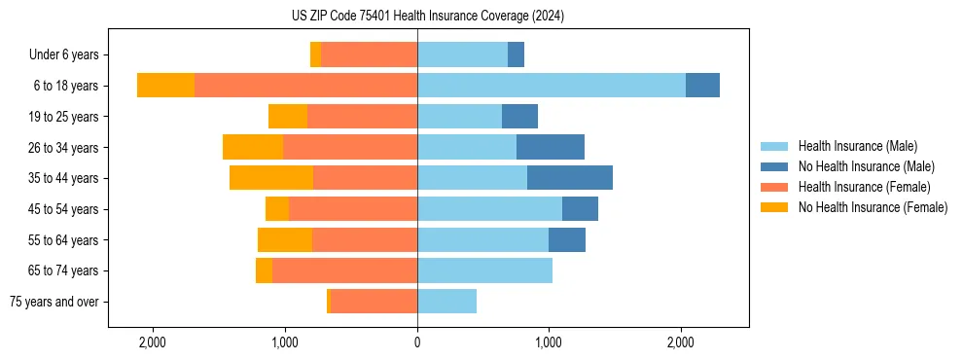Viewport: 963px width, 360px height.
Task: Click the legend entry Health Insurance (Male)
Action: (x=857, y=146)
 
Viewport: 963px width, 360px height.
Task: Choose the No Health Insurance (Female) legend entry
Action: (x=873, y=207)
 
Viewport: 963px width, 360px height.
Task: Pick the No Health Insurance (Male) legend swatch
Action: (x=775, y=166)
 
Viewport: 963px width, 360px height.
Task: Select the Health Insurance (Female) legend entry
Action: (x=864, y=187)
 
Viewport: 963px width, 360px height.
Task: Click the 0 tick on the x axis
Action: (x=417, y=342)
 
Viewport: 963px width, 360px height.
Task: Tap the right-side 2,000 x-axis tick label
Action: (x=681, y=342)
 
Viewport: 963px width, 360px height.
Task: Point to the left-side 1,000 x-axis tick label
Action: (x=285, y=342)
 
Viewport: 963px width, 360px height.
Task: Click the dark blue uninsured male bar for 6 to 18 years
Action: (x=702, y=86)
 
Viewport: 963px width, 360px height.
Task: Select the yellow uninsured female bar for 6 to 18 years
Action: (x=165, y=86)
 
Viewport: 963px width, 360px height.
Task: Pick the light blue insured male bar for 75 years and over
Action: (x=446, y=302)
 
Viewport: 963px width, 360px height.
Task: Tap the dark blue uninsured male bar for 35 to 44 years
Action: (x=570, y=178)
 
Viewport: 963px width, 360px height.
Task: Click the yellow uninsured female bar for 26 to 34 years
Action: (x=253, y=147)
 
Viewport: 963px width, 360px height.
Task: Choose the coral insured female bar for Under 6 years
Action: (x=370, y=55)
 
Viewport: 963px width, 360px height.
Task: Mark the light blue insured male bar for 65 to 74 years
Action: (x=484, y=270)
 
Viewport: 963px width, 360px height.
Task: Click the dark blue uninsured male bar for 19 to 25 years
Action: (x=519, y=117)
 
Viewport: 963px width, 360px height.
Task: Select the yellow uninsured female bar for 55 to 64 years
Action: (x=285, y=239)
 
